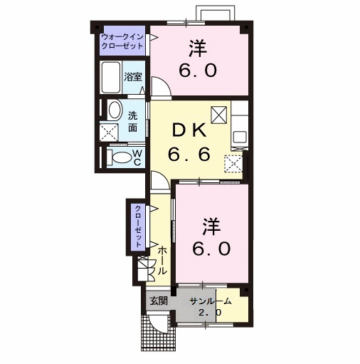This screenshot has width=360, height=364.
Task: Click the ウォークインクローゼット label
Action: tap(122, 41)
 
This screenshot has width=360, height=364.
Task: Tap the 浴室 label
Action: tap(133, 77)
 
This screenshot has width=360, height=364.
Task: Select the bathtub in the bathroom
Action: tap(110, 78)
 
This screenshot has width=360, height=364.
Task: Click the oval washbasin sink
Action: tap(115, 110)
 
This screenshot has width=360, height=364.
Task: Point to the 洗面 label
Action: tap(133, 122)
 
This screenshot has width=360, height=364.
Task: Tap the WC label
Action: tap(137, 157)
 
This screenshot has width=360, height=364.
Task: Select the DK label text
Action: tap(189, 130)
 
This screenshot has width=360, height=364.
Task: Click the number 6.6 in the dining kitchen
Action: tap(189, 154)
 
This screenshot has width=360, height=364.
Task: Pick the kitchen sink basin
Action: tap(240, 137)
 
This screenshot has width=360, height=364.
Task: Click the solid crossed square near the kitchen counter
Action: tap(218, 115)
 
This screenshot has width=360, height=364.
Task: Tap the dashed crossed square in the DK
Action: tap(233, 163)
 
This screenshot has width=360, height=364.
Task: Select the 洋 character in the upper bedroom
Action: tap(198, 48)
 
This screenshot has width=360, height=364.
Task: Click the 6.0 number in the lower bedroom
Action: tap(211, 249)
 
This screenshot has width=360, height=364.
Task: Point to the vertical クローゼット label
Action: tap(138, 227)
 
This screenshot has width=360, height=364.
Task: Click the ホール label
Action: tap(162, 261)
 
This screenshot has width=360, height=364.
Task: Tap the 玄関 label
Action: tap(159, 301)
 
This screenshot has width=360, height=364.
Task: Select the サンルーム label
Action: tap(210, 301)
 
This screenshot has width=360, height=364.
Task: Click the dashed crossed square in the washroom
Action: tap(109, 132)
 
